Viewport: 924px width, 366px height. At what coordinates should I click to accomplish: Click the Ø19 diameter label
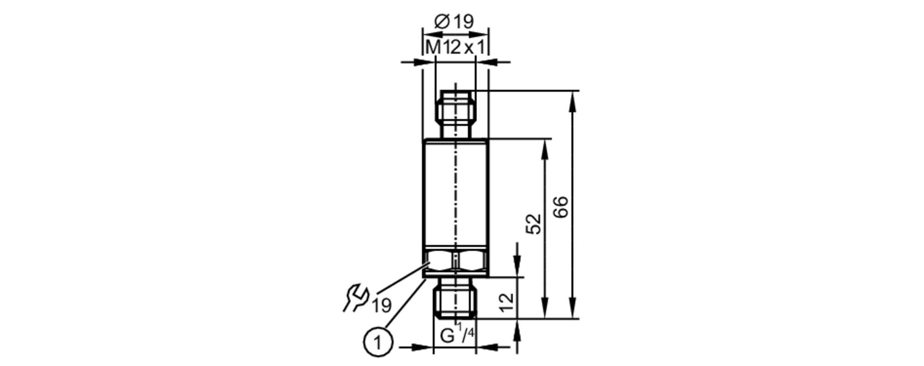click(x=455, y=21)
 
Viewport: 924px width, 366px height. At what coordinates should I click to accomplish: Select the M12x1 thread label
click(x=455, y=47)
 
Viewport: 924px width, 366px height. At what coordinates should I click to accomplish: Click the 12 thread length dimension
click(x=506, y=302)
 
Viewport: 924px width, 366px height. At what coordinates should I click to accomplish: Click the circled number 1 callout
click(x=378, y=342)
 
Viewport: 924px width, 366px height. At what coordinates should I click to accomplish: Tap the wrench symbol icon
click(x=355, y=298)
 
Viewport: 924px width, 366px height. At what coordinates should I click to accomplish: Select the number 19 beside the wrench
click(x=382, y=305)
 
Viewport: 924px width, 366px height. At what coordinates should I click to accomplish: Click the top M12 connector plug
click(x=455, y=113)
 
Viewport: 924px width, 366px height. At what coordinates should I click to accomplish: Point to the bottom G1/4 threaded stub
click(x=455, y=302)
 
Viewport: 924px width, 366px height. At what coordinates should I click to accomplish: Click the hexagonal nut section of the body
click(x=455, y=262)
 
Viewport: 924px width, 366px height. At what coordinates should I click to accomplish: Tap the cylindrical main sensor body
click(x=455, y=194)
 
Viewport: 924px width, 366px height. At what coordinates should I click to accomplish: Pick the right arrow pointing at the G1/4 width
click(x=488, y=347)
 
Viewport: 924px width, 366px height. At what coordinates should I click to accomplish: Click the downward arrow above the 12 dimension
click(x=517, y=268)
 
